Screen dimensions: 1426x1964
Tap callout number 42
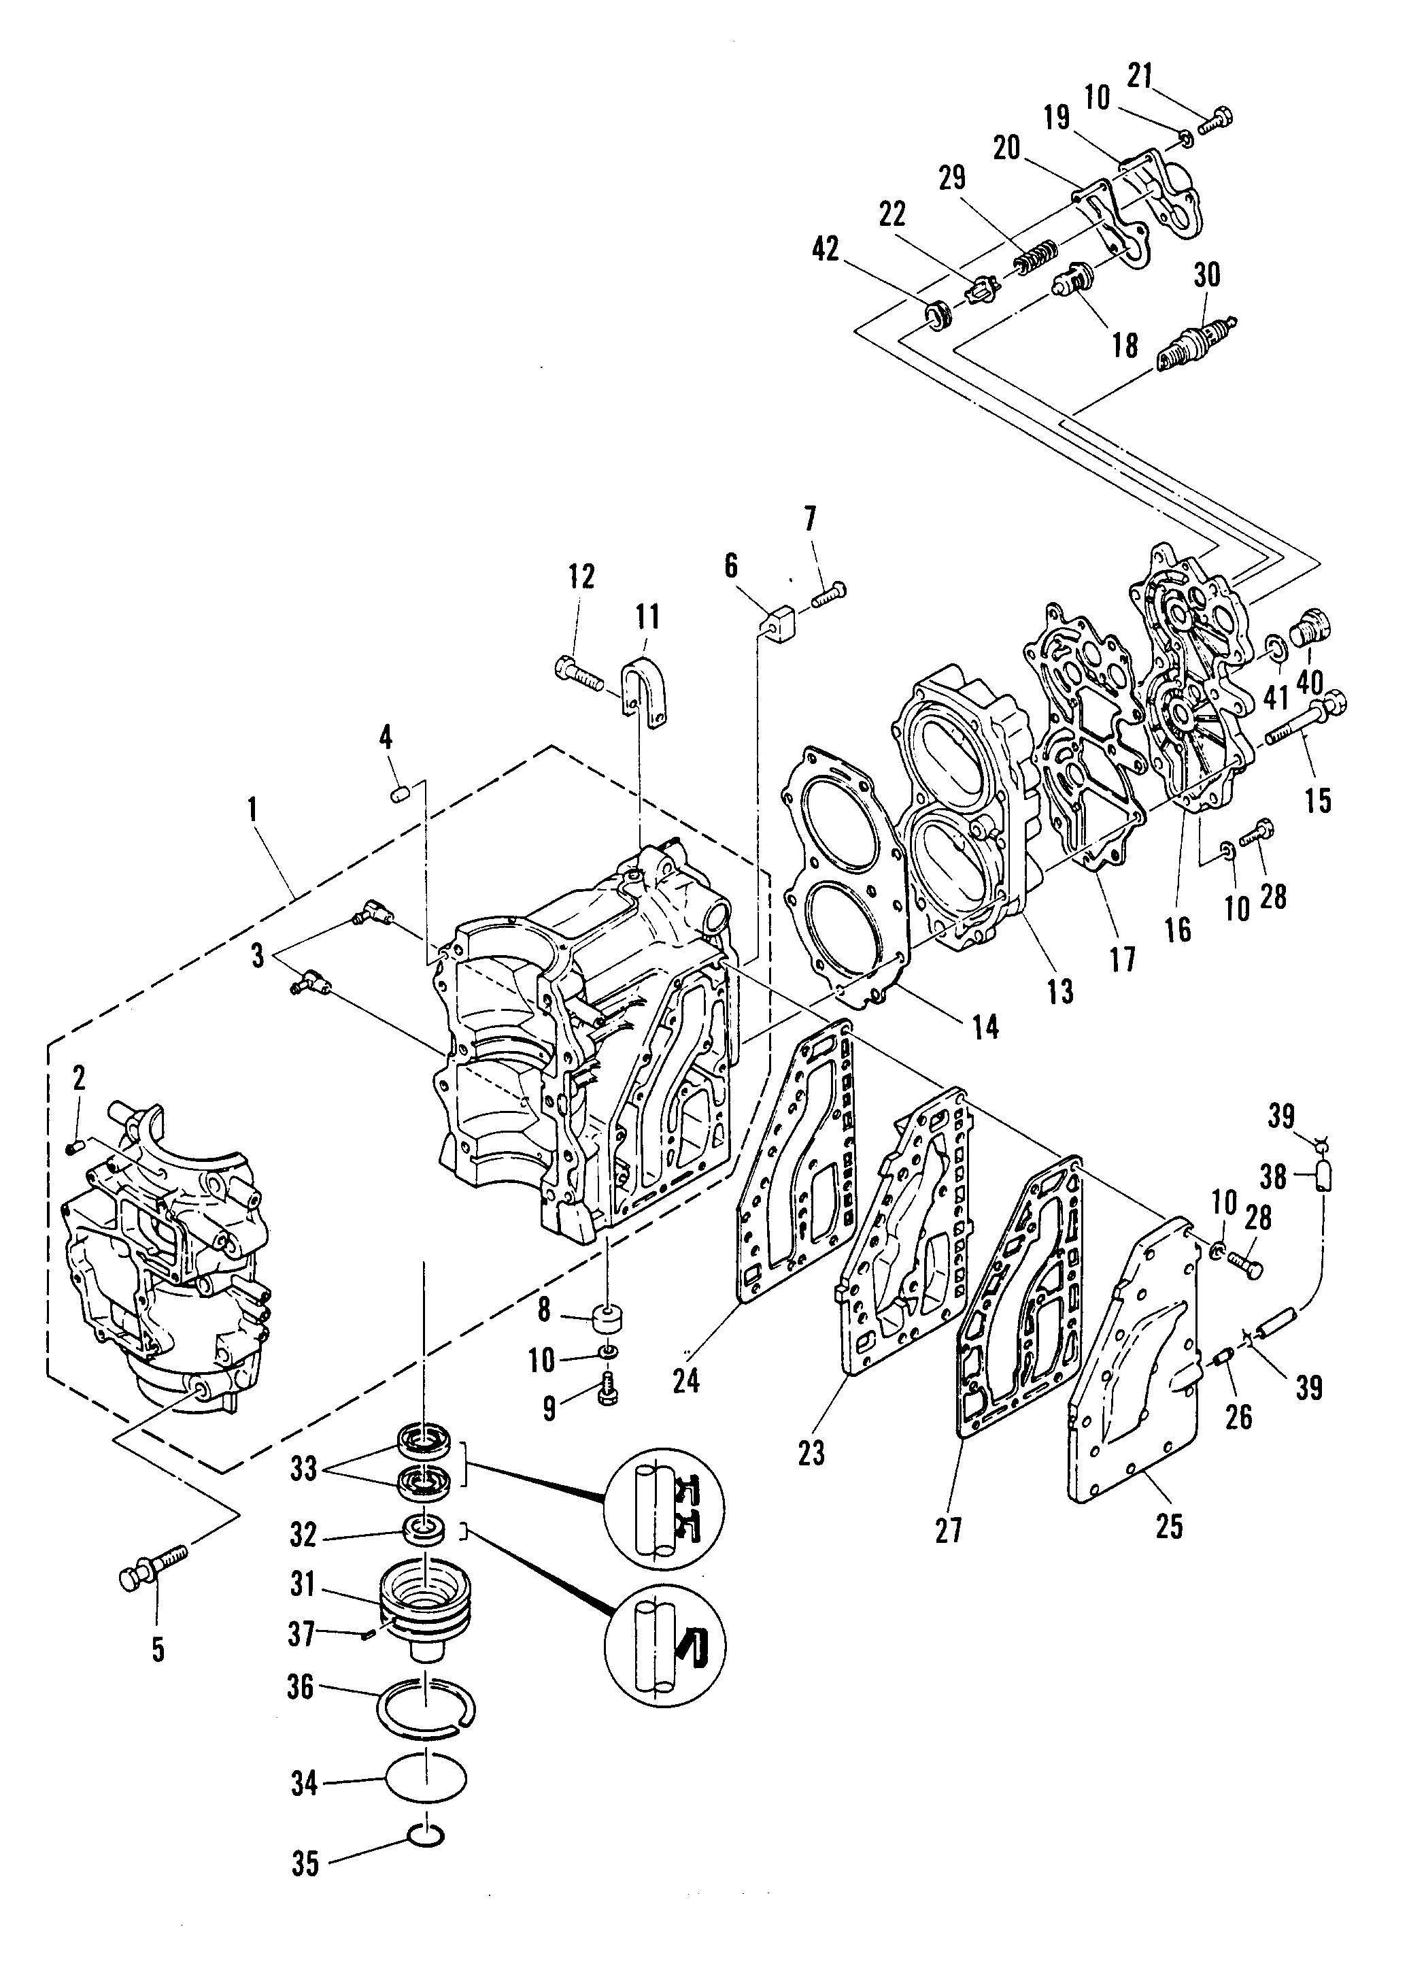coord(827,250)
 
